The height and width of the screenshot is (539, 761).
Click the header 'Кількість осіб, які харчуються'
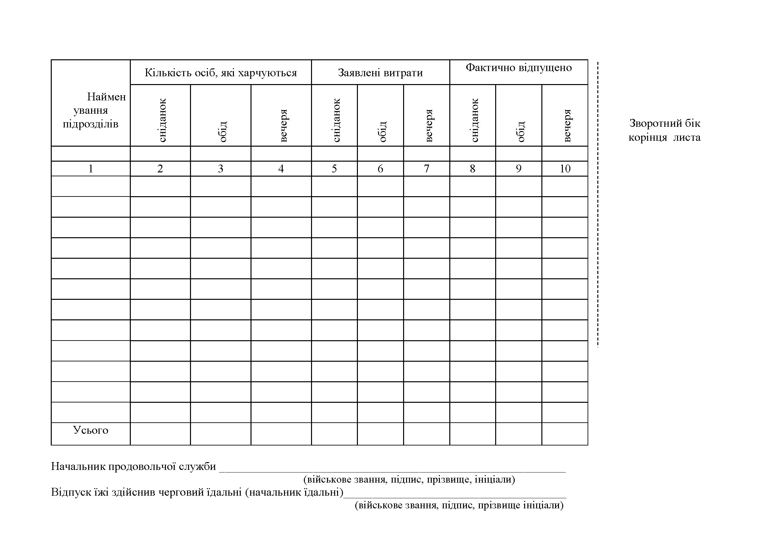[221, 73]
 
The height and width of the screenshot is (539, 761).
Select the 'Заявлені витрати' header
[380, 73]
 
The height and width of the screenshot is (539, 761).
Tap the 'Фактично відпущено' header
[519, 68]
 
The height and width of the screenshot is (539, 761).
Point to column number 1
[91, 168]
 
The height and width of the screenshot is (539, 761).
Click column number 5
[334, 168]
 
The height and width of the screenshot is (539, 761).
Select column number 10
[565, 168]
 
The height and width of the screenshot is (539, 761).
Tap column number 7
[427, 168]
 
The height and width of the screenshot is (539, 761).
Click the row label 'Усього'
[91, 430]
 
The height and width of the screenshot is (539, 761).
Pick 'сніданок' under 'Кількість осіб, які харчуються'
[162, 120]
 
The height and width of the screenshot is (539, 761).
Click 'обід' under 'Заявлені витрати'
[383, 131]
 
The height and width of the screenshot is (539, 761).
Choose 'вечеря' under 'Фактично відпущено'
[567, 125]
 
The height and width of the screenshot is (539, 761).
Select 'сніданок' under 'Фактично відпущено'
[474, 120]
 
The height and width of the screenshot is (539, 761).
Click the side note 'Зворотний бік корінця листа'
[665, 130]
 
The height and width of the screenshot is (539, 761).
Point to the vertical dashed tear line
[598, 204]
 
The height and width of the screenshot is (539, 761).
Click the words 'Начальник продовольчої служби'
[134, 466]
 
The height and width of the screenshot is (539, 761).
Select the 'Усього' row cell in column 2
[160, 433]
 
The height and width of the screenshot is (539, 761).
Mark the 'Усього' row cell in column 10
[565, 433]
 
